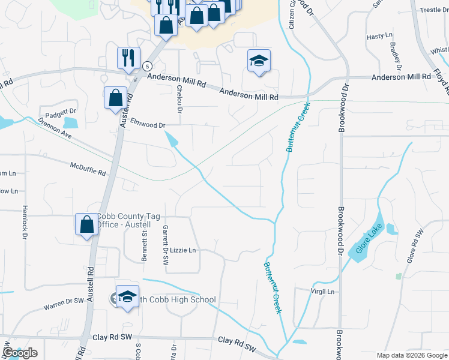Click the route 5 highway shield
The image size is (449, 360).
tap(147, 65)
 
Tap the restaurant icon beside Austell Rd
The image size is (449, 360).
tap(128, 58)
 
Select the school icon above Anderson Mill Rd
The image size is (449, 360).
tap(259, 61)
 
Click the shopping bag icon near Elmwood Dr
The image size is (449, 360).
tap(115, 97)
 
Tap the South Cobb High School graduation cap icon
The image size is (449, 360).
tap(127, 297)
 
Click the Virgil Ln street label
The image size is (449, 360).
tap(322, 292)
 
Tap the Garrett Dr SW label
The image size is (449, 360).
tap(165, 245)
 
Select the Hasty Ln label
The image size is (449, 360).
tap(379, 37)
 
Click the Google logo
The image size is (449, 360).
tap(20, 352)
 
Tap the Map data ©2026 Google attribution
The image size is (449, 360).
tap(411, 355)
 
